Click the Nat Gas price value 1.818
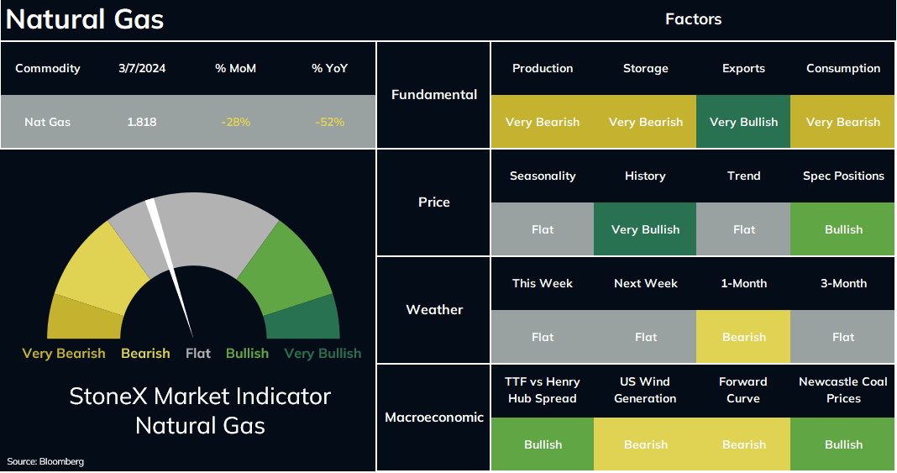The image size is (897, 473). (142, 122)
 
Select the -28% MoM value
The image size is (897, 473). (236, 122)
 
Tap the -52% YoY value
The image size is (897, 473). (329, 122)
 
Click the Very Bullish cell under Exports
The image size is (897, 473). (743, 122)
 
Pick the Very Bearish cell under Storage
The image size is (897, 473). (645, 122)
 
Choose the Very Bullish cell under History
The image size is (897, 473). (645, 229)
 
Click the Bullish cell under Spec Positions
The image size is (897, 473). (842, 229)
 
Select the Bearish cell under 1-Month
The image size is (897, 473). (743, 337)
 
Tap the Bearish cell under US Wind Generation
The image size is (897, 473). (645, 444)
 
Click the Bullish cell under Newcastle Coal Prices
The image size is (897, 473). (842, 444)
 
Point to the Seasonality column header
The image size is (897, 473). (543, 176)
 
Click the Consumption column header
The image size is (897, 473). (843, 68)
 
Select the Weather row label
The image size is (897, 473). (434, 309)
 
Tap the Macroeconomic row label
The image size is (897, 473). (434, 417)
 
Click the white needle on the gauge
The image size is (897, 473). (170, 268)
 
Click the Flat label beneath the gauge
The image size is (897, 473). (198, 354)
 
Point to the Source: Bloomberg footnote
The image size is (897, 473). (45, 461)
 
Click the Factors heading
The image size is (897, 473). (694, 18)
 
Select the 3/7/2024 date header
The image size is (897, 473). (142, 68)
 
